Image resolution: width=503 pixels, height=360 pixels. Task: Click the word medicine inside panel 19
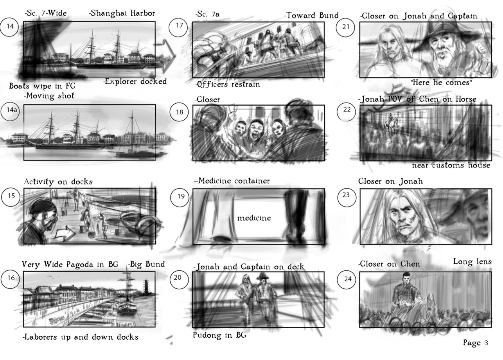tap(254, 218)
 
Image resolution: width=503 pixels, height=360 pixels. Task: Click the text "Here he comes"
tap(442, 83)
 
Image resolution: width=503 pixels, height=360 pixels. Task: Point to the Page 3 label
tap(475, 343)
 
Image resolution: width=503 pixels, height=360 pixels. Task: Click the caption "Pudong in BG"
tap(219, 335)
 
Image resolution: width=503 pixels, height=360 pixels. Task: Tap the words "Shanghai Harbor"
tap(122, 13)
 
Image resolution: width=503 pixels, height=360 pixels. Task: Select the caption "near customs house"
tap(451, 166)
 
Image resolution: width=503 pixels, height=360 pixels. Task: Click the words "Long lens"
tap(472, 261)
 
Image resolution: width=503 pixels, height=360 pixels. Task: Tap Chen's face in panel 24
tap(407, 280)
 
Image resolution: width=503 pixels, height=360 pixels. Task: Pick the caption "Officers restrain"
tap(228, 85)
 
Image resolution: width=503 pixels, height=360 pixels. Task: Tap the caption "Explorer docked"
tap(135, 81)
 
